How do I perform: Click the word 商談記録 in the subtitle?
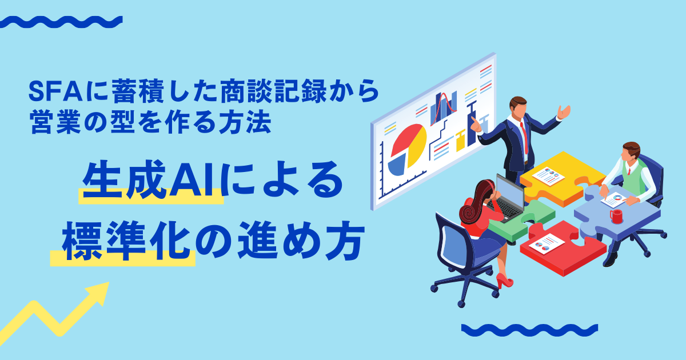273,91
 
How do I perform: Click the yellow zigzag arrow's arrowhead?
98,293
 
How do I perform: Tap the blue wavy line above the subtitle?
61,22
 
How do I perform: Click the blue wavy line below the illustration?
529,330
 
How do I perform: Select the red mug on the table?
616,217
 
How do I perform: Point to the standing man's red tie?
524,138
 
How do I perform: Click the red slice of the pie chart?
405,139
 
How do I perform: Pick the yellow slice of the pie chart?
417,147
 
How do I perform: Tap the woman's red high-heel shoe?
504,281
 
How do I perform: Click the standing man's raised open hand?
564,112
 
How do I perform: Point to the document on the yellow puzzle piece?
548,176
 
